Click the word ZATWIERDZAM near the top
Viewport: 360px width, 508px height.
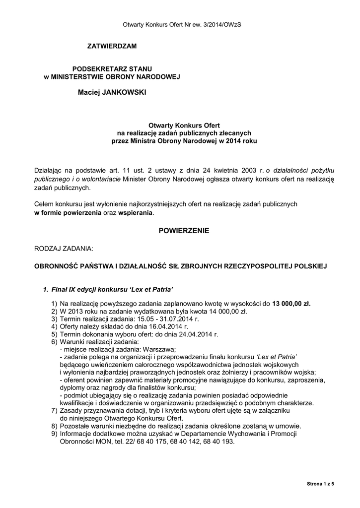pos(111,46)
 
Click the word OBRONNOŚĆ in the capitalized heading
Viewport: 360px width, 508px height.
pos(56,266)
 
